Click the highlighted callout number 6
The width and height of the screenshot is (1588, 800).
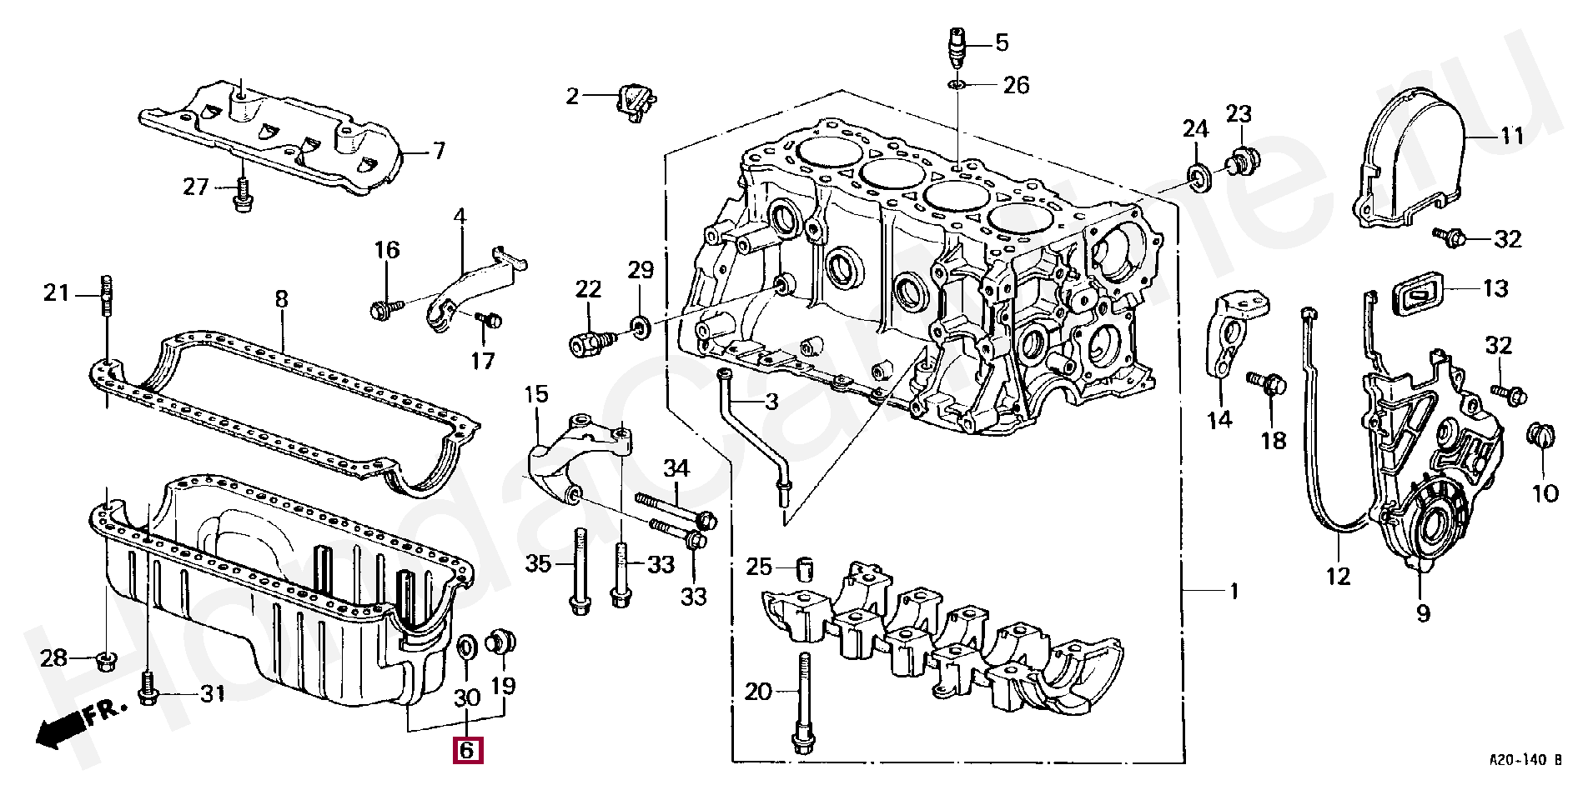466,750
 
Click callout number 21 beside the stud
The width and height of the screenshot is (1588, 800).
58,293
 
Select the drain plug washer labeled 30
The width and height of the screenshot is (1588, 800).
469,646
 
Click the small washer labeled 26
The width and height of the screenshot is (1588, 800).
957,85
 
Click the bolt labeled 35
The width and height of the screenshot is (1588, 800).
579,573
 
